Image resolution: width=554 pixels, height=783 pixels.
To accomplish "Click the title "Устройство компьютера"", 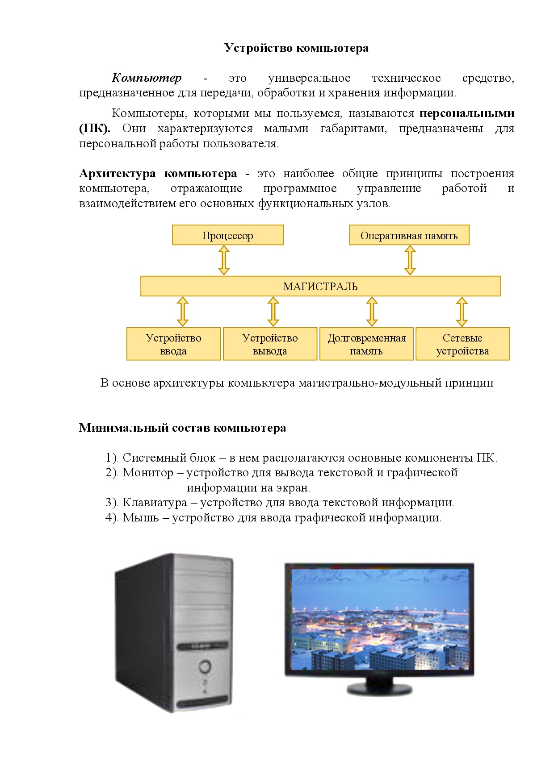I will coord(296,48).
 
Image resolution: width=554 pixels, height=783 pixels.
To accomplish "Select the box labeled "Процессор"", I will coord(227,235).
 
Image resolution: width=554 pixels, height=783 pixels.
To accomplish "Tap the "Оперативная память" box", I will coord(409,235).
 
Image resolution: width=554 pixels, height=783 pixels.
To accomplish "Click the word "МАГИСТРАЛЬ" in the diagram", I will coord(320,286).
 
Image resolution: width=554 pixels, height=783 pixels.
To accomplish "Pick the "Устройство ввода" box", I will coord(173,344).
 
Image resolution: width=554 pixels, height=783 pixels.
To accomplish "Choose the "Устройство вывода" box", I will coord(270,344).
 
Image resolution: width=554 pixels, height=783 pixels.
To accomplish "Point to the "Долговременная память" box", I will coord(366,344).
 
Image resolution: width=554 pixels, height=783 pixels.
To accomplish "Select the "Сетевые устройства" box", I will coord(462,344).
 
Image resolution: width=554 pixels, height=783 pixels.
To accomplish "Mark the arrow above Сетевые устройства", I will coord(462,312).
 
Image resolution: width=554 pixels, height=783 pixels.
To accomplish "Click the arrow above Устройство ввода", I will coord(182,312).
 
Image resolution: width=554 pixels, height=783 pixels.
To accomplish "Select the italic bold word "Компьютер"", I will coord(147,78).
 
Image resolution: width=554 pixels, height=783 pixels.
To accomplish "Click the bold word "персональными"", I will coord(466,113).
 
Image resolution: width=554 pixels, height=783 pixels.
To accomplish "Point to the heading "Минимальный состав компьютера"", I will coord(182,428).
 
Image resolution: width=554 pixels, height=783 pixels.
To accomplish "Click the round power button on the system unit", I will coord(205,667).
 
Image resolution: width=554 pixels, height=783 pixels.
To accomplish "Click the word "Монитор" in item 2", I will coord(148,473).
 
